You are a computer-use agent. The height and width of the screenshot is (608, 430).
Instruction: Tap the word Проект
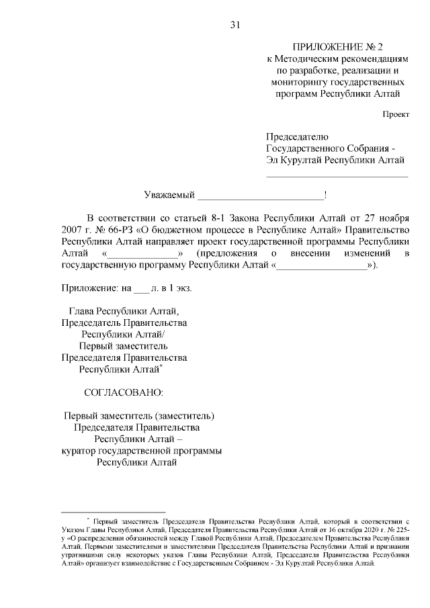396,115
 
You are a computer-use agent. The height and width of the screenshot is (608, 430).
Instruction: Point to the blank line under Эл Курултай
337,176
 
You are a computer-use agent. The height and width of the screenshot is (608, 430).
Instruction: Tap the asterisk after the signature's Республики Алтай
162,365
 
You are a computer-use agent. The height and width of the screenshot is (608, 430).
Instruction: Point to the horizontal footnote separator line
113,512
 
